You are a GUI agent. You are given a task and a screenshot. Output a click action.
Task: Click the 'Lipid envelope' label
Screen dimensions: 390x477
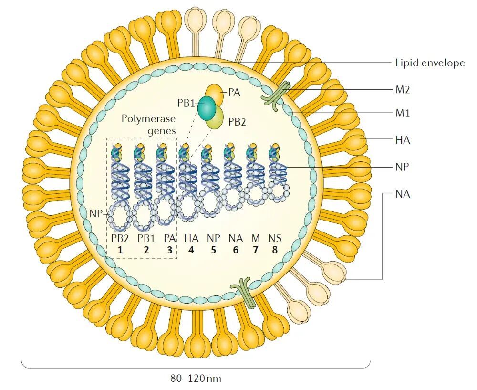tap(430, 63)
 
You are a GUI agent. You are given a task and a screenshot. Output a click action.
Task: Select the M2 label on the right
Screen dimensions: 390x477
tap(403, 89)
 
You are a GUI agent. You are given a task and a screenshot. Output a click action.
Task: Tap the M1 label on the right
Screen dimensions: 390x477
tap(403, 113)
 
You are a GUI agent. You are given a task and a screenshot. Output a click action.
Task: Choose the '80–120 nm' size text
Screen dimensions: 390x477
tap(196, 379)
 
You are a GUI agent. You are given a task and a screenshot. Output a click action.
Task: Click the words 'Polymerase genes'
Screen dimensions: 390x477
tap(148, 123)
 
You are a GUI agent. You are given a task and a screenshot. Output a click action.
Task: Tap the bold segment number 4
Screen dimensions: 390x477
tap(191, 249)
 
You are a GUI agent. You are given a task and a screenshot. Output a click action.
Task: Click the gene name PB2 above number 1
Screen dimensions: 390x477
tap(120, 238)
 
